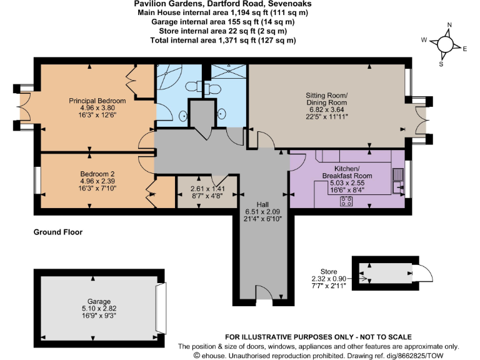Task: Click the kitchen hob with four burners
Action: click(x=346, y=201)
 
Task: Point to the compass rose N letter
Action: click(x=448, y=26)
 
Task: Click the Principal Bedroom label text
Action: click(x=97, y=101)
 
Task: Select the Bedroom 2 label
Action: click(x=97, y=174)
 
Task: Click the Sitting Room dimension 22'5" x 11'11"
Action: click(x=326, y=116)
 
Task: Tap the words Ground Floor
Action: click(x=57, y=232)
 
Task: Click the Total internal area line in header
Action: click(x=223, y=40)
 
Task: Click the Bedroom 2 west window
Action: click(x=37, y=180)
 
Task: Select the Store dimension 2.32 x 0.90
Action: click(x=328, y=279)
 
